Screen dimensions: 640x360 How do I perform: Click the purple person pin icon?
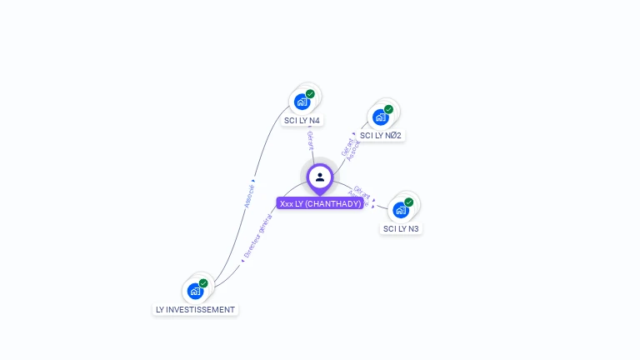point(320,177)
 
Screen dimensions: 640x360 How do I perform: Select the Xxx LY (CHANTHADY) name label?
point(320,203)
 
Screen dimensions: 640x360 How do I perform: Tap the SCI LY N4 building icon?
point(302,102)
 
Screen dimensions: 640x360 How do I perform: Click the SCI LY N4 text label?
point(302,120)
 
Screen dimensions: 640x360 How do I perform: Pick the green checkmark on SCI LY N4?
point(310,94)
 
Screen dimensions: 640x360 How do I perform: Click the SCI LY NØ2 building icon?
point(380,117)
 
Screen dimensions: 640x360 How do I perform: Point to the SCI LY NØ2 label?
point(381,135)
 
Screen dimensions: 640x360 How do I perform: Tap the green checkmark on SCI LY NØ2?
point(388,109)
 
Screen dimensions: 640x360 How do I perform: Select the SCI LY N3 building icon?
point(400,210)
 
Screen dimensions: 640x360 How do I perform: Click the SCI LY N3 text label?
point(401,228)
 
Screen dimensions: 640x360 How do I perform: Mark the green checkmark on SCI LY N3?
point(408,202)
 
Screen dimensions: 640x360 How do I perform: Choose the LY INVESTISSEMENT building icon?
point(195,291)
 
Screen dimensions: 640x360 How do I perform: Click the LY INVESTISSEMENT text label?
point(195,309)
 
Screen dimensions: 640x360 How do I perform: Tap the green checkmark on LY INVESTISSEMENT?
point(203,283)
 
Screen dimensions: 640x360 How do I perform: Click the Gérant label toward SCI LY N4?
point(310,141)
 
